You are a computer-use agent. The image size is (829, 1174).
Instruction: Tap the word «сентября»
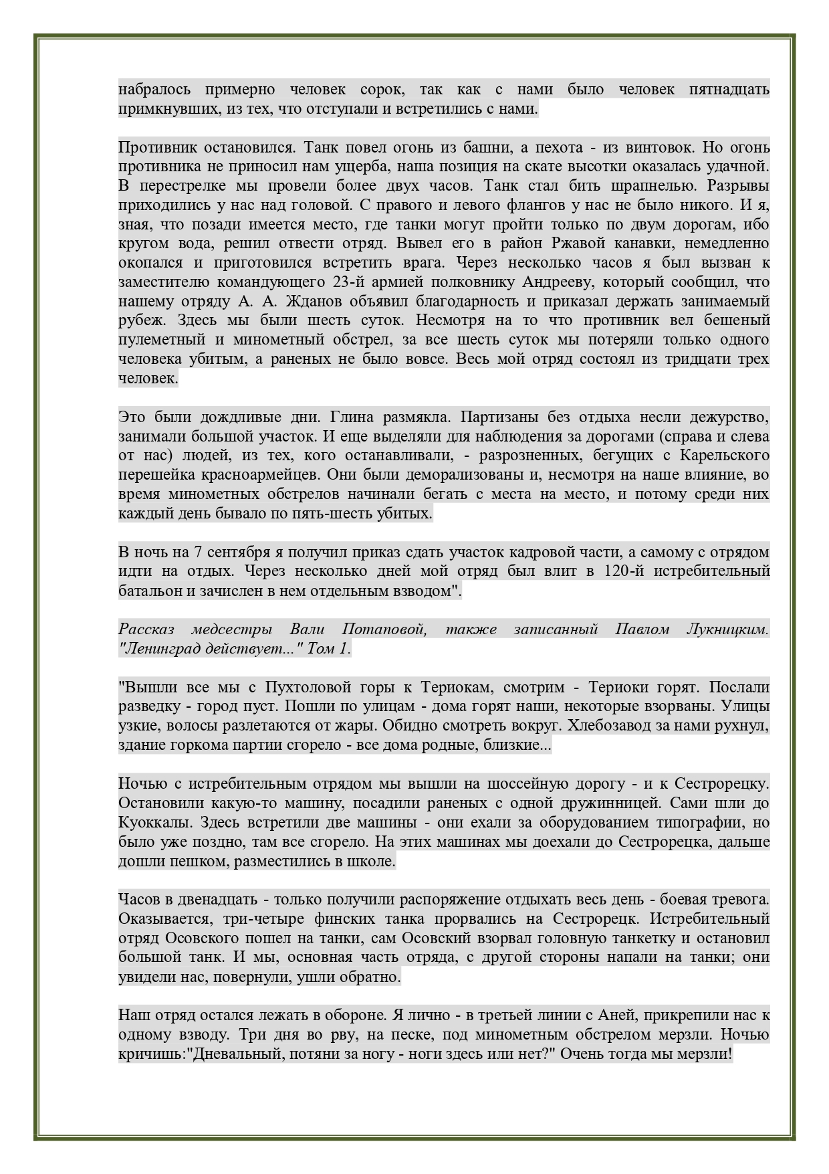tap(241, 553)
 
